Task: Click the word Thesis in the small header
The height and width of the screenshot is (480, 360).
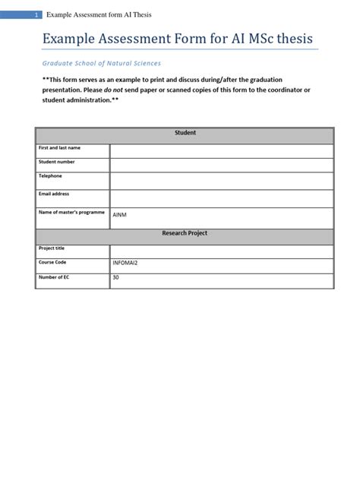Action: [x=141, y=14]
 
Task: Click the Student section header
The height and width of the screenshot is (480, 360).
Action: [x=185, y=133]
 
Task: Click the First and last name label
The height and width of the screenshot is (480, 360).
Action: [x=60, y=147]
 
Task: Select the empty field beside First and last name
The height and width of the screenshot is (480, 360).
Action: [x=221, y=151]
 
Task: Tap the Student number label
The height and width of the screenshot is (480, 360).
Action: [x=57, y=162]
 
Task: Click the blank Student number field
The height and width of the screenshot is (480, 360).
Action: [x=221, y=166]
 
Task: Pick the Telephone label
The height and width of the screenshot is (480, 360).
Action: [x=51, y=176]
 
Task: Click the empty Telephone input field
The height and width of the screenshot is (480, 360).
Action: [x=221, y=181]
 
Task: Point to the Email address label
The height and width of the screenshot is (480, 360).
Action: [x=54, y=194]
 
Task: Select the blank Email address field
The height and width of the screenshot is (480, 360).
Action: [x=221, y=198]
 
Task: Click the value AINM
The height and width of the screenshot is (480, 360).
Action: [x=120, y=215]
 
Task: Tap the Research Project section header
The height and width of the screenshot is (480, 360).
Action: [x=185, y=233]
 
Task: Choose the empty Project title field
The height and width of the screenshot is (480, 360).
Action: [x=221, y=251]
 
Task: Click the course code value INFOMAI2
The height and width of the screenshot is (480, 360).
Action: [x=125, y=263]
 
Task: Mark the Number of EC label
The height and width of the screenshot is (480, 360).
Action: [x=53, y=277]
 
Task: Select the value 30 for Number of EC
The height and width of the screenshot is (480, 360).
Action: [x=116, y=277]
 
